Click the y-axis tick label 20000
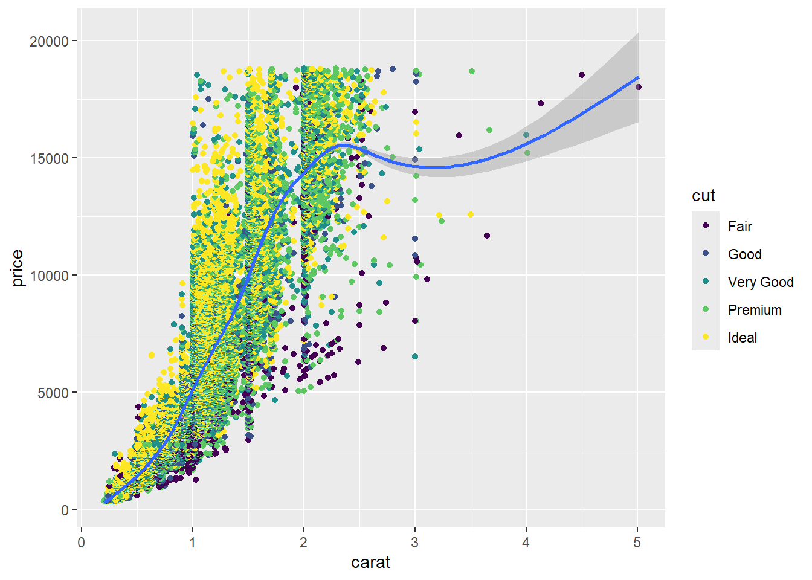click(x=49, y=41)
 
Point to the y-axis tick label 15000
click(x=49, y=158)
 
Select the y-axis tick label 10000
click(x=49, y=275)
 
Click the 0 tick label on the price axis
click(x=65, y=510)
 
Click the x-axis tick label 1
click(x=193, y=542)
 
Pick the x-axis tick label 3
click(x=415, y=542)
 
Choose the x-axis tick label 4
click(x=526, y=542)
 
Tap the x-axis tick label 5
click(x=637, y=542)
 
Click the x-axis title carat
click(x=370, y=562)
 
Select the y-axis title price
click(x=18, y=268)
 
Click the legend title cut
click(x=704, y=196)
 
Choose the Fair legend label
click(x=739, y=227)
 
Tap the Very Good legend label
click(x=760, y=282)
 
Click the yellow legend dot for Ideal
click(x=706, y=337)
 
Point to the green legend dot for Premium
click(x=706, y=309)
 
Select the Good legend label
click(x=744, y=254)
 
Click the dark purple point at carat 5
click(x=638, y=87)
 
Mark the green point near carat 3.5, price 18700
click(x=472, y=71)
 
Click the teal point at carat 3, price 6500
click(x=415, y=356)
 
